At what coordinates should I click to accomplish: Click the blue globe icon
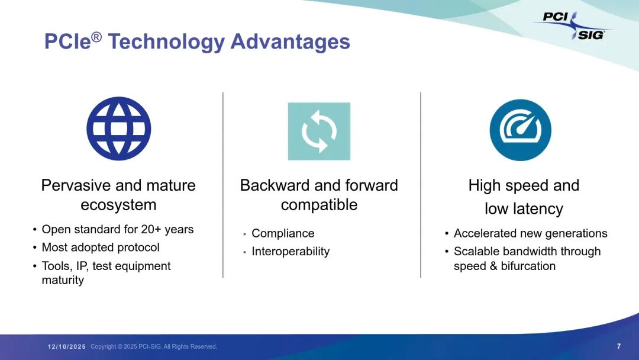pos(118,128)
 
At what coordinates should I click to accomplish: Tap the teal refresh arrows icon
pos(319,131)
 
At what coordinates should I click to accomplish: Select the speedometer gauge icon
pos(521,130)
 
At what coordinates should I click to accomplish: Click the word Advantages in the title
pos(290,41)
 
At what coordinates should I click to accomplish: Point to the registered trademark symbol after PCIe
pos(96,37)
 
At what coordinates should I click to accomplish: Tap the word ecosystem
pos(118,205)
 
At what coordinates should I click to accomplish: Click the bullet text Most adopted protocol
pos(101,247)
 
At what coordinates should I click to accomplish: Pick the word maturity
pos(63,280)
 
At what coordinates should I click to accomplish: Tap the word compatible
pos(319,205)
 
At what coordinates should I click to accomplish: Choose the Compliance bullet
pos(283,233)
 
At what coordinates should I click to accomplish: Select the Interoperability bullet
pos(291,251)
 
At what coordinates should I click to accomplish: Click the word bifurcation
pos(528,266)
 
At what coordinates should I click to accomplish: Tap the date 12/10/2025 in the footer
pos(67,346)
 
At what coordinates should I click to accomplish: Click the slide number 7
pos(619,346)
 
